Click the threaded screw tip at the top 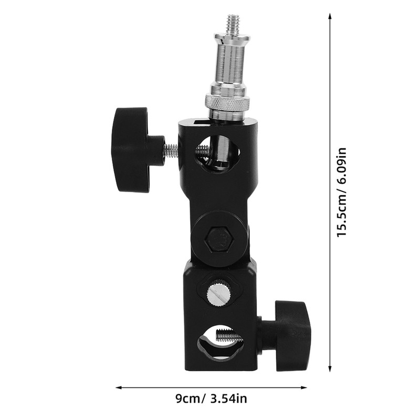(x=232, y=24)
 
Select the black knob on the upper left (x=131, y=149)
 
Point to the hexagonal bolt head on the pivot (x=219, y=239)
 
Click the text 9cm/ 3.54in (x=211, y=399)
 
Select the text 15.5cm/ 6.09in (x=342, y=192)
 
